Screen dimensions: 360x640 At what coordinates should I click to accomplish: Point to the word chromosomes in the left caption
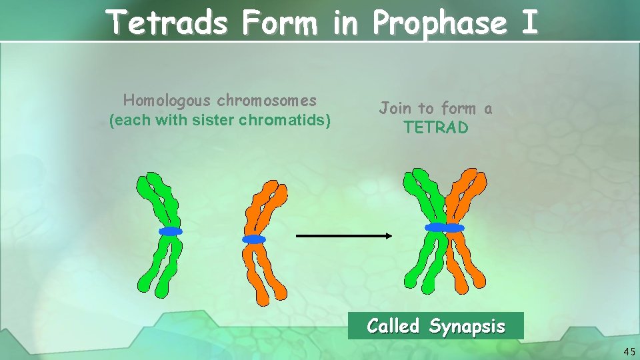(x=267, y=101)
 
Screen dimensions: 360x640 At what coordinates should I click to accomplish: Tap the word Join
(x=396, y=108)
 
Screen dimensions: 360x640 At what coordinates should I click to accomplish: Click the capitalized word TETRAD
(x=436, y=127)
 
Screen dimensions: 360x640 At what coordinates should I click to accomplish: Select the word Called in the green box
(x=393, y=326)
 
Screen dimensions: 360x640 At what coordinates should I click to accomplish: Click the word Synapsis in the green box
(x=467, y=326)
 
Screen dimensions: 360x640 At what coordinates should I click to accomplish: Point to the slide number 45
(x=629, y=351)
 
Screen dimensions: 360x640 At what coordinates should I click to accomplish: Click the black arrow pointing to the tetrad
(x=344, y=235)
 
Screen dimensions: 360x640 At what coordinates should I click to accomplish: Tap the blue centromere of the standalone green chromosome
(x=170, y=231)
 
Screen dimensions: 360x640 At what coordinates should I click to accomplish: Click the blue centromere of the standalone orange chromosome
(x=254, y=239)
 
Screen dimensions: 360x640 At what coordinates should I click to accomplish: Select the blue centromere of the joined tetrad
(x=445, y=228)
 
